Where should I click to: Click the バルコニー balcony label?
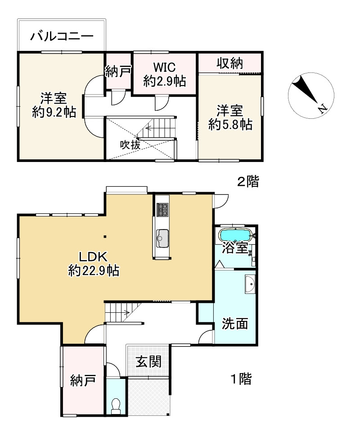pyautogui.click(x=62, y=36)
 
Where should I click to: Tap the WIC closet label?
pyautogui.click(x=164, y=67)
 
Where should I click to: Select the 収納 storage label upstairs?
pyautogui.click(x=230, y=63)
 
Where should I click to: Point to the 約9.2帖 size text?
pyautogui.click(x=54, y=112)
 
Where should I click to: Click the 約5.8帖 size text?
pyautogui.click(x=230, y=124)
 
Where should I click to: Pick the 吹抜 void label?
pyautogui.click(x=130, y=144)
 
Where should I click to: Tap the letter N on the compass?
pyautogui.click(x=323, y=108)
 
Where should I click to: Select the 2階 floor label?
pyautogui.click(x=247, y=181)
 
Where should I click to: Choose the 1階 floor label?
pyautogui.click(x=242, y=379)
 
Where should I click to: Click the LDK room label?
pyautogui.click(x=93, y=257)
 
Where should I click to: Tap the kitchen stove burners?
pyautogui.click(x=162, y=210)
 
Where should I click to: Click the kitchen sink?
pyautogui.click(x=162, y=238)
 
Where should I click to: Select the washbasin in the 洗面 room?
pyautogui.click(x=250, y=284)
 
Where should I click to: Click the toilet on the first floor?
pyautogui.click(x=115, y=406)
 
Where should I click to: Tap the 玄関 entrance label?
pyautogui.click(x=148, y=362)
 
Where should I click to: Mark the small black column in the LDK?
pyautogui.click(x=105, y=237)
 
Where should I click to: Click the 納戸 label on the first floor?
pyautogui.click(x=83, y=380)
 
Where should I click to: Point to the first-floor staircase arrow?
pyautogui.click(x=125, y=312)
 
